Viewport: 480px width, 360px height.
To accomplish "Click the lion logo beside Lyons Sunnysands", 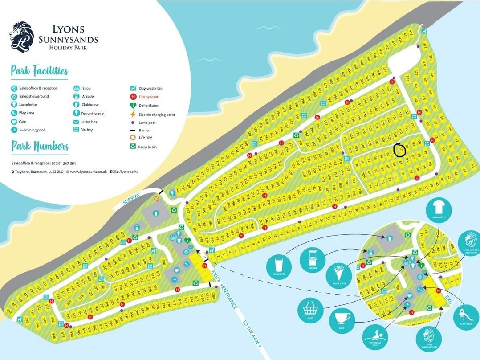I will [22, 37].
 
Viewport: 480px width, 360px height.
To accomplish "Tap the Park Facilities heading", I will [39, 71].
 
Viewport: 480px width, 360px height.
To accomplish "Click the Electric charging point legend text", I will [157, 115].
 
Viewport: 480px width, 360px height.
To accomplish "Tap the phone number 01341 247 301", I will [61, 164].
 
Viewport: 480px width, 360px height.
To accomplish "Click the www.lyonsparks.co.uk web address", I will [88, 172].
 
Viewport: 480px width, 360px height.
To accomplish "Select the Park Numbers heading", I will [40, 147].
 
